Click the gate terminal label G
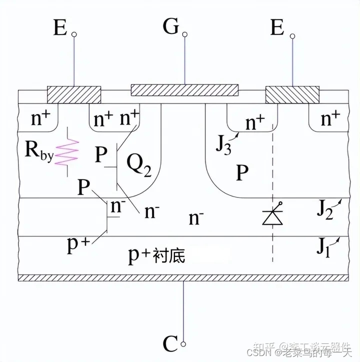[x=170, y=27]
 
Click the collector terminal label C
[x=170, y=343]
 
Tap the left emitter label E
[x=60, y=28]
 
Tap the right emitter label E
[x=277, y=28]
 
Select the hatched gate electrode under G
[x=184, y=90]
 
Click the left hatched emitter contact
[x=74, y=93]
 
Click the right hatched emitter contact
[x=292, y=93]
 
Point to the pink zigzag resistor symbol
[x=66, y=152]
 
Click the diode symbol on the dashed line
[x=272, y=216]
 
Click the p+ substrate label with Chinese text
[x=156, y=255]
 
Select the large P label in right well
[x=242, y=172]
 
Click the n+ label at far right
[x=329, y=119]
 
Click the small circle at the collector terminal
[x=184, y=343]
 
